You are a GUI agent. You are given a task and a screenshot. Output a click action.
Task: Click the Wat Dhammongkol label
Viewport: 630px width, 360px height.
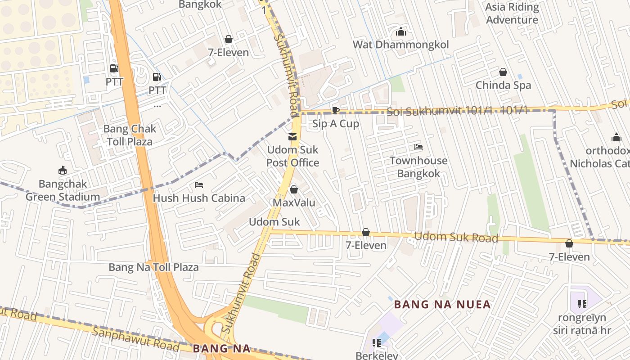point(400,45)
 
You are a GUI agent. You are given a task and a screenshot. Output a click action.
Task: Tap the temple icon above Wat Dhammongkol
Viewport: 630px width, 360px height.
point(400,31)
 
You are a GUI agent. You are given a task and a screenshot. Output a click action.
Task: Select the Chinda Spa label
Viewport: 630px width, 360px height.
point(503,85)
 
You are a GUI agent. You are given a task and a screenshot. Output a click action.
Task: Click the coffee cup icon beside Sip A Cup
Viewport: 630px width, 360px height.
point(335,110)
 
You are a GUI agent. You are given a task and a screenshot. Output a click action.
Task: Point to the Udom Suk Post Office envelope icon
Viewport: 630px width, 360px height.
point(292,137)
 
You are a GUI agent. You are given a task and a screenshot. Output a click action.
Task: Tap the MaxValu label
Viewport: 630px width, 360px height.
point(294,202)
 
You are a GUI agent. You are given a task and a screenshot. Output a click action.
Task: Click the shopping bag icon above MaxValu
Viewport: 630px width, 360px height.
point(294,189)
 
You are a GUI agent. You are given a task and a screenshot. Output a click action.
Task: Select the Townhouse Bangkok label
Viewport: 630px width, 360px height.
point(418,167)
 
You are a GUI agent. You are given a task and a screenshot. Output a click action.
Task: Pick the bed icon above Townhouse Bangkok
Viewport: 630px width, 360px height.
point(418,147)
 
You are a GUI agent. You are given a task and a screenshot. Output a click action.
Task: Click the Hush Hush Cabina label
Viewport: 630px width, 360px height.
point(199,198)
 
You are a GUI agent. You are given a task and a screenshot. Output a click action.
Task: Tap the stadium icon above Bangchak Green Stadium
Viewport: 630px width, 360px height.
point(63,171)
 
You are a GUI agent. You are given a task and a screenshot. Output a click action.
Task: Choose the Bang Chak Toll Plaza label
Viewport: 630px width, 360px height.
point(130,135)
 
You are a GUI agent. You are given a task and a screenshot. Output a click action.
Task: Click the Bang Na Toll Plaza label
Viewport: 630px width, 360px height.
point(153,267)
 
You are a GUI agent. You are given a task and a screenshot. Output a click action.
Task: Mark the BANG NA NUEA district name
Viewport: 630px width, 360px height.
point(442,305)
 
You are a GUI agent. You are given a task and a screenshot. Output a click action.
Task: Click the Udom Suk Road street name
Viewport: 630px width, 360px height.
point(456,237)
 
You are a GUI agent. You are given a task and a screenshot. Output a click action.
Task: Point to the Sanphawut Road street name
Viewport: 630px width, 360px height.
point(135,339)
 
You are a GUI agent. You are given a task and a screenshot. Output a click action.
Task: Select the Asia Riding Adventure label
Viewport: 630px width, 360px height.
point(512,13)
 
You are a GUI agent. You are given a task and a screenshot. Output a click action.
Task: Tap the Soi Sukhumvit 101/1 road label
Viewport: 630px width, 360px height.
point(456,111)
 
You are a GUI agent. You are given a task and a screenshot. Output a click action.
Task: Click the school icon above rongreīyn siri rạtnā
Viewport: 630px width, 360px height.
point(582,304)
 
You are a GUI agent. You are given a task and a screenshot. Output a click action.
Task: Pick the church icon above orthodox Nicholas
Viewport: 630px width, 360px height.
point(616,137)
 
